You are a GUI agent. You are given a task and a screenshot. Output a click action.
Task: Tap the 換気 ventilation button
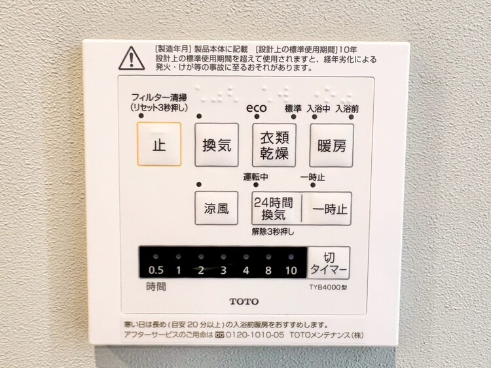point(217,145)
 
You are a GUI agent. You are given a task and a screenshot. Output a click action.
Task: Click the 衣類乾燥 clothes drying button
point(274,145)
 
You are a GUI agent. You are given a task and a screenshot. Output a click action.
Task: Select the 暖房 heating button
point(331,145)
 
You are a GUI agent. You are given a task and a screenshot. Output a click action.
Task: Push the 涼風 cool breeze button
point(217,209)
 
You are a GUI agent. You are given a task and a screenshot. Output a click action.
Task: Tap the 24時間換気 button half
point(276,209)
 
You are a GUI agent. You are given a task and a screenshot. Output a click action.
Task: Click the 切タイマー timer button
point(329,262)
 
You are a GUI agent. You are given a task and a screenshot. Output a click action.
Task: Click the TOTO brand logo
point(244,301)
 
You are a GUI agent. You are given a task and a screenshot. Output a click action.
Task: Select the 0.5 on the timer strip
point(156,271)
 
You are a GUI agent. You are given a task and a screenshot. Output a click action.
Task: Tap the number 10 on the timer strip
point(291,271)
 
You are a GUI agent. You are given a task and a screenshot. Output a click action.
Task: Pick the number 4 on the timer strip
point(245,271)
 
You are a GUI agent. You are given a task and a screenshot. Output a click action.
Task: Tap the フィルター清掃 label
point(158,97)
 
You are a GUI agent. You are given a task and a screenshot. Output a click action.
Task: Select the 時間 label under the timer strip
point(156,286)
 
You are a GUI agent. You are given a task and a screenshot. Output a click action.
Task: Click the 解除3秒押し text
point(273,231)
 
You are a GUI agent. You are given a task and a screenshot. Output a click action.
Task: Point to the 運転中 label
point(256,177)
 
